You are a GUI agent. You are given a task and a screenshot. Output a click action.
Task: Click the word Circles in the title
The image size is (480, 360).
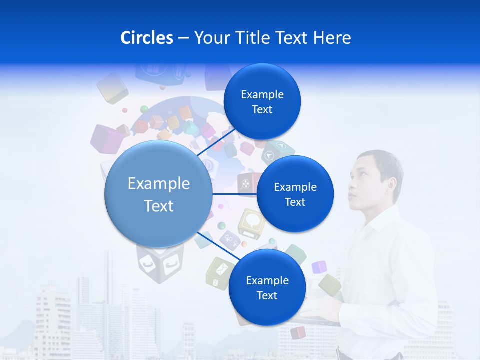pyautogui.click(x=146, y=38)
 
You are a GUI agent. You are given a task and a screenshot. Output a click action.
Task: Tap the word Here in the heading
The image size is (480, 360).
pyautogui.click(x=332, y=38)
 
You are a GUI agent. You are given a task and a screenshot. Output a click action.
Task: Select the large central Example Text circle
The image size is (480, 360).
pyautogui.click(x=158, y=194)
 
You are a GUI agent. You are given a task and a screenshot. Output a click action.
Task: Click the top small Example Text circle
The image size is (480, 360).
pyautogui.click(x=262, y=101)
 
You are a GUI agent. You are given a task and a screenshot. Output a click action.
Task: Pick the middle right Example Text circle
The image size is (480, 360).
pyautogui.click(x=295, y=194)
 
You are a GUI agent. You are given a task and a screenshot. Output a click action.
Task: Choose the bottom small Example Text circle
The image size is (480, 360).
pyautogui.click(x=267, y=287)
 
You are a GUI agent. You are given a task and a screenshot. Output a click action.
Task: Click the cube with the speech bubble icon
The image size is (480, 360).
pyautogui.click(x=251, y=222)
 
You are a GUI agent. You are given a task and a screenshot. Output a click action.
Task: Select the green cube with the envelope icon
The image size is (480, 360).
pyautogui.click(x=218, y=273)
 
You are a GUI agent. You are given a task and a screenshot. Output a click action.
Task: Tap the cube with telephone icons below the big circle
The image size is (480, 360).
pyautogui.click(x=160, y=262)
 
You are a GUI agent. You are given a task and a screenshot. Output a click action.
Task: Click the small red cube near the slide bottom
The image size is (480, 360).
pyautogui.click(x=298, y=332)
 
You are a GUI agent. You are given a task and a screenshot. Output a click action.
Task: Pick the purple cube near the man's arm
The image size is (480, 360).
pyautogui.click(x=319, y=267)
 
